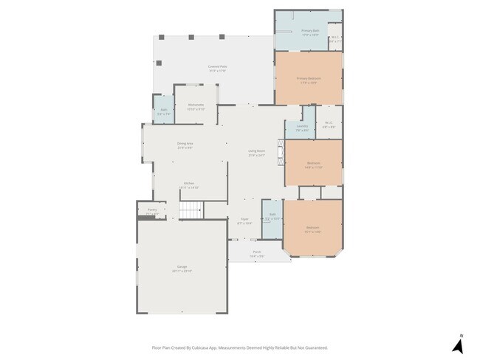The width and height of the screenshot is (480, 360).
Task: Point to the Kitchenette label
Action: tap(196, 107)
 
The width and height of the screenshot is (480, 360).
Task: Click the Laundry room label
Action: tap(302, 128)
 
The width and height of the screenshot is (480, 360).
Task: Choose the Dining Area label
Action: tap(185, 145)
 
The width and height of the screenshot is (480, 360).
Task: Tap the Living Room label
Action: tap(256, 153)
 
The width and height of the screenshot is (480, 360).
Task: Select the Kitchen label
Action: tap(189, 186)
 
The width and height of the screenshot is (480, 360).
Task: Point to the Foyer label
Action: tap(244, 221)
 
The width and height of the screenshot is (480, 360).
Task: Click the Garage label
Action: tap(182, 269)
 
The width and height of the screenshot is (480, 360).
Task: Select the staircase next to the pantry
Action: tap(192, 210)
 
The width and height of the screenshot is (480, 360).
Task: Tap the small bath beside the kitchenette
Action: tap(163, 112)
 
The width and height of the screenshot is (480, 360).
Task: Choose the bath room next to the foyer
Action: tap(272, 218)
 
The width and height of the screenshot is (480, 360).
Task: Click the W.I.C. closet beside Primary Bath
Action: tap(335, 39)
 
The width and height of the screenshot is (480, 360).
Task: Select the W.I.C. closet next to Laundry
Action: tap(329, 126)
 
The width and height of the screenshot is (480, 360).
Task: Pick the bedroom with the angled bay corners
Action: tap(312, 229)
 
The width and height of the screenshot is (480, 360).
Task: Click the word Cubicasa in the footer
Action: tap(199, 347)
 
